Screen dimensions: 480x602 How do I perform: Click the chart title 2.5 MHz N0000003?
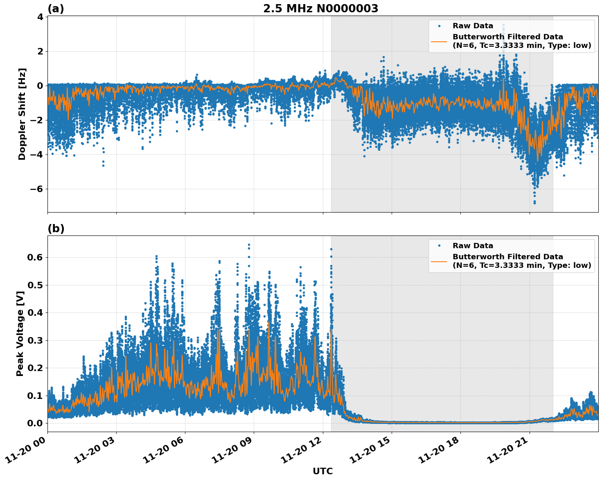(320, 9)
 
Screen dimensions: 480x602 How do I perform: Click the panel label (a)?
(56, 9)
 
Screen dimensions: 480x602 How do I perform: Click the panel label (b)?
(56, 229)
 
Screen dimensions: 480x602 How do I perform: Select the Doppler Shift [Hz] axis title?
(22, 114)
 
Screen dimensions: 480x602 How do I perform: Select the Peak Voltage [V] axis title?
(20, 333)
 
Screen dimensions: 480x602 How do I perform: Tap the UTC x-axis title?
(322, 471)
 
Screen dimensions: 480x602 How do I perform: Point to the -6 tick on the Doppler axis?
(37, 189)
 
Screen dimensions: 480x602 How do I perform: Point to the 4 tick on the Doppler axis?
(40, 17)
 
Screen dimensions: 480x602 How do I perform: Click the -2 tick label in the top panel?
(37, 120)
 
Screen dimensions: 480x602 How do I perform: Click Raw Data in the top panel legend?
(473, 26)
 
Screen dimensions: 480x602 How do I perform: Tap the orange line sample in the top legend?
(439, 41)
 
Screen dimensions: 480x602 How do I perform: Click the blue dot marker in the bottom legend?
(439, 246)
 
